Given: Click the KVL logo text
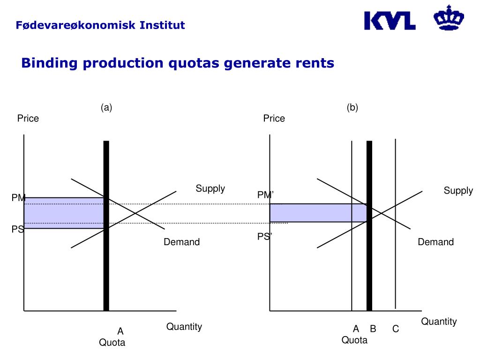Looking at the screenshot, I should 390,21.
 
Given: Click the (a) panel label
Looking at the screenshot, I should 106,107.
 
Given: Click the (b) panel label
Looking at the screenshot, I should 352,107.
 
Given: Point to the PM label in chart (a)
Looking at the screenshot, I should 18,198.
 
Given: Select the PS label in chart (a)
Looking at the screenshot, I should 17,230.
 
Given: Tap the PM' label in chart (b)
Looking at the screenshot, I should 265,195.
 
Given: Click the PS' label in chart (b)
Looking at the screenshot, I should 264,237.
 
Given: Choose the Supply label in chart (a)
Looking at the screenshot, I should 210,188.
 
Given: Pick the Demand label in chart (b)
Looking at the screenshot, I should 436,242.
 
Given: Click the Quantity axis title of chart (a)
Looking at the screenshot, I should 184,327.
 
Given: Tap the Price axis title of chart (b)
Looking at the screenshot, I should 274,119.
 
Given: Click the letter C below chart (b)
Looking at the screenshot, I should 396,329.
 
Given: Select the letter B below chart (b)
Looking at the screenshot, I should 373,329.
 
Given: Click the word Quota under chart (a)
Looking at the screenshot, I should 112,343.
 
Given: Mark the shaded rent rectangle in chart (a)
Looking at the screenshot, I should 63,213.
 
